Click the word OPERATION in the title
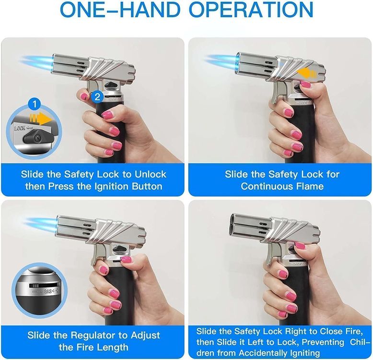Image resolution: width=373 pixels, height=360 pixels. [251, 10]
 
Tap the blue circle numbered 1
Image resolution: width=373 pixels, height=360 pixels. [35, 104]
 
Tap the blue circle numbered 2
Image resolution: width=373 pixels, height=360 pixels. [97, 97]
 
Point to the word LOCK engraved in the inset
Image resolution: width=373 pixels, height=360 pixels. [20, 128]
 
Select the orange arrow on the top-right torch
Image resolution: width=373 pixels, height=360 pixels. [308, 73]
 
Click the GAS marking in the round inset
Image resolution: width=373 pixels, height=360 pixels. [48, 291]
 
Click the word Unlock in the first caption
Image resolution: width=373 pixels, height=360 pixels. [151, 174]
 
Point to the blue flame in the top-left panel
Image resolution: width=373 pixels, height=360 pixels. [37, 63]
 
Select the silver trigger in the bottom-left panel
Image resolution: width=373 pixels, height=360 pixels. [97, 255]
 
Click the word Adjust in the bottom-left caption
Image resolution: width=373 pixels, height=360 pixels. [145, 335]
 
